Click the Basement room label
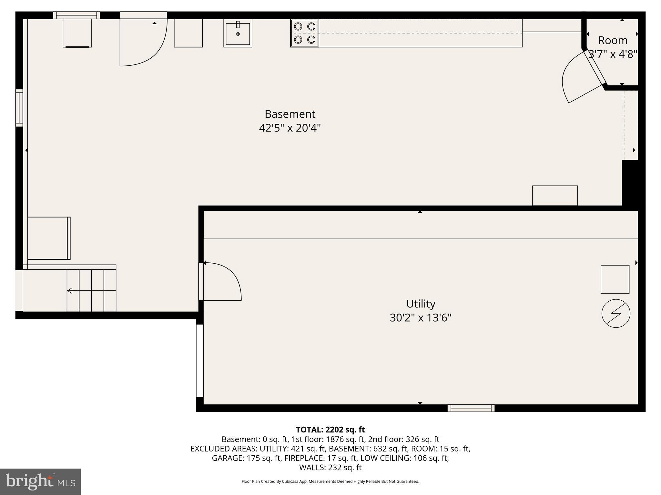click(x=290, y=114)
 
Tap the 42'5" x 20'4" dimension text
click(x=290, y=128)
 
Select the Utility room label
click(x=421, y=304)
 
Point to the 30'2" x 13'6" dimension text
click(x=421, y=318)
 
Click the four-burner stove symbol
click(x=304, y=33)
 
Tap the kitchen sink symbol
click(x=238, y=33)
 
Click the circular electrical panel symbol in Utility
click(x=616, y=314)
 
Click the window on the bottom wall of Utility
click(x=471, y=408)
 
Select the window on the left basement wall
click(x=19, y=108)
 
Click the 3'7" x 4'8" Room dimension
click(x=613, y=54)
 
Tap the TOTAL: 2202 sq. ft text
click(x=330, y=430)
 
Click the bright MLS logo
click(x=40, y=482)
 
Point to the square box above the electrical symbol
click(x=615, y=279)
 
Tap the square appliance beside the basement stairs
click(x=49, y=238)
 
